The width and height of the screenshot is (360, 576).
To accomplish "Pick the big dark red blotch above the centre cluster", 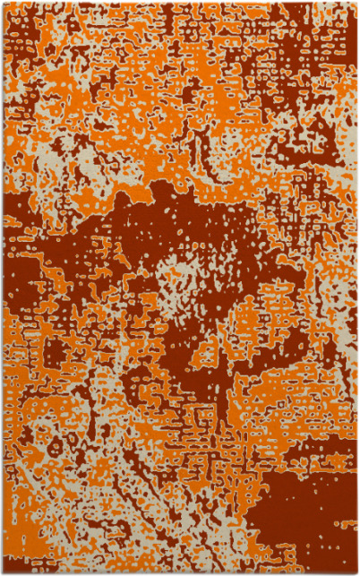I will click(x=179, y=224).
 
